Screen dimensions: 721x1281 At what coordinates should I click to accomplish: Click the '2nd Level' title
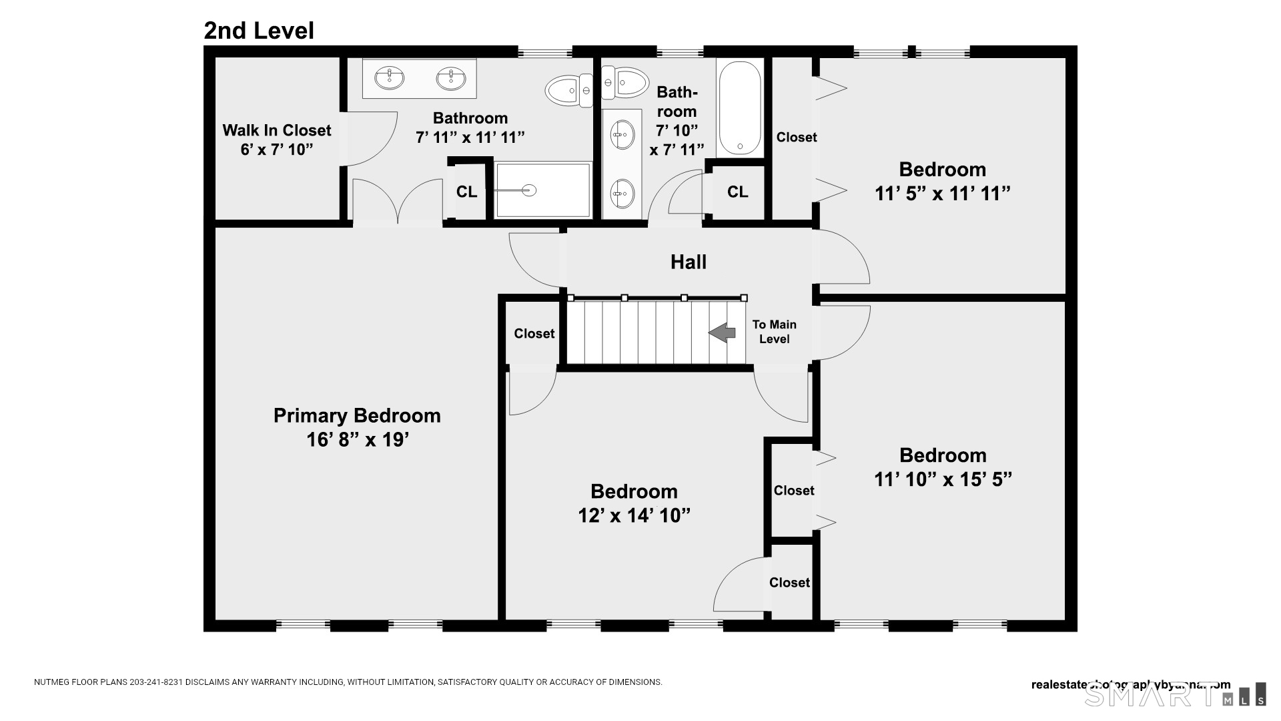[259, 31]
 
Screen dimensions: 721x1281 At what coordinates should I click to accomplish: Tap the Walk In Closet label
[276, 130]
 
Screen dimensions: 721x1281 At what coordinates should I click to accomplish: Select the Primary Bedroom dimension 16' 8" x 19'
[357, 440]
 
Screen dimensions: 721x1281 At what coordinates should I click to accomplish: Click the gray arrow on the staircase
[722, 332]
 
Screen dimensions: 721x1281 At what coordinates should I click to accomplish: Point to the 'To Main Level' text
[774, 332]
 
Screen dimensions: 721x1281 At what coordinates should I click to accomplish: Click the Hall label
[688, 262]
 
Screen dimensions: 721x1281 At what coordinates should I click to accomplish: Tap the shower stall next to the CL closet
[543, 191]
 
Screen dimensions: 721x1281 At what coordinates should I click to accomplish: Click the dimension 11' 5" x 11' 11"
[942, 194]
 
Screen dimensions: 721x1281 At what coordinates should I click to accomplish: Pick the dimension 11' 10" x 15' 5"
[942, 479]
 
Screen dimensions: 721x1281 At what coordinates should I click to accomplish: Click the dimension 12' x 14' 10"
[634, 515]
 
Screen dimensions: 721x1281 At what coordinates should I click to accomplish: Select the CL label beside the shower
[466, 192]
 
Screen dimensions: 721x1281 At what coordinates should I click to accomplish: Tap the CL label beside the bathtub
[737, 192]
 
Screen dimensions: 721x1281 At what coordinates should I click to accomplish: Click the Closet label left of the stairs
[534, 334]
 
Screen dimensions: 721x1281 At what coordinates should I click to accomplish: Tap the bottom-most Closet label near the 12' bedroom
[789, 583]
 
